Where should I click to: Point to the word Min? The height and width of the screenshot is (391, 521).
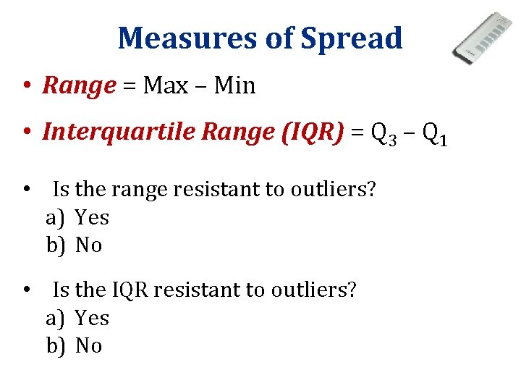click(x=235, y=85)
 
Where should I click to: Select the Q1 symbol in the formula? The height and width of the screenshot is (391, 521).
click(x=436, y=133)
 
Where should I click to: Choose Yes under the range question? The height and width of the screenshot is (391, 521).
click(x=92, y=217)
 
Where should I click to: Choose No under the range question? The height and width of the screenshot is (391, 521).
click(x=88, y=245)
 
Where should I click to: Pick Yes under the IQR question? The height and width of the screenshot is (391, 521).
click(x=92, y=318)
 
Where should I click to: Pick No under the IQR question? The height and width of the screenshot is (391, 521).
click(x=88, y=346)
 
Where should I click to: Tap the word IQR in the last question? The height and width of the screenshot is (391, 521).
click(x=130, y=290)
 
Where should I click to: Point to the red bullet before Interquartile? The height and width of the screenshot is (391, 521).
click(x=25, y=132)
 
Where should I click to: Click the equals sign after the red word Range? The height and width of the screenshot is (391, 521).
click(x=130, y=86)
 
